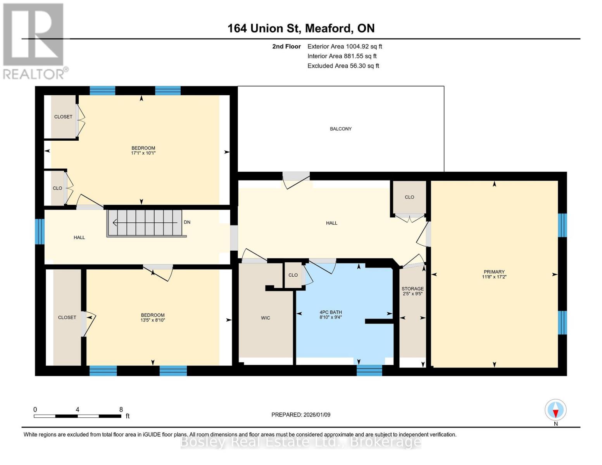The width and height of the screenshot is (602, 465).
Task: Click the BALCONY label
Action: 340,129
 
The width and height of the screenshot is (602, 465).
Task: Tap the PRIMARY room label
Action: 494,272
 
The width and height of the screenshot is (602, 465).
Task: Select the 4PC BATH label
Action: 330,312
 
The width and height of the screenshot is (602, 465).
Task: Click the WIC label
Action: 265,318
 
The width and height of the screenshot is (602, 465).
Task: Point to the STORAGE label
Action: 412,289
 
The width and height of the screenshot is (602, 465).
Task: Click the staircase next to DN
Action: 145,223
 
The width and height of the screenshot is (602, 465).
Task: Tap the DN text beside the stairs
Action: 187,222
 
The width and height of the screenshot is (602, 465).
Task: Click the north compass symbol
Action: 555,410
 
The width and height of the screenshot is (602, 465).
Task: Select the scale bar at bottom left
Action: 78,416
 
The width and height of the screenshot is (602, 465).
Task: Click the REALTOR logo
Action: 34,41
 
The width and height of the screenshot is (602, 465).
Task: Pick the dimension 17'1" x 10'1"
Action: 143,153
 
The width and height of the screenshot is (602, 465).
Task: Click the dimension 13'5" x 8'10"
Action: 153,320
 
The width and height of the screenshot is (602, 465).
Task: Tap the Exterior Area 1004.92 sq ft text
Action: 345,46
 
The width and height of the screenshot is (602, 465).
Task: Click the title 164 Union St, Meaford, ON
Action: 301,28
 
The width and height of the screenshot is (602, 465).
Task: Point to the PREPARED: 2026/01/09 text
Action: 301,415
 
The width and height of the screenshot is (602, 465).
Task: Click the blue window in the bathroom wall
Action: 369,370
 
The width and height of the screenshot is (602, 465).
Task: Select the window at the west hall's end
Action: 40,232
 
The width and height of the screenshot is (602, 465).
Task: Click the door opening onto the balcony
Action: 296,176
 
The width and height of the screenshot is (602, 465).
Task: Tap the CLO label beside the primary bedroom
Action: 409,197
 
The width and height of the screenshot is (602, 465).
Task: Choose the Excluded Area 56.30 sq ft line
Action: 343,66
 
